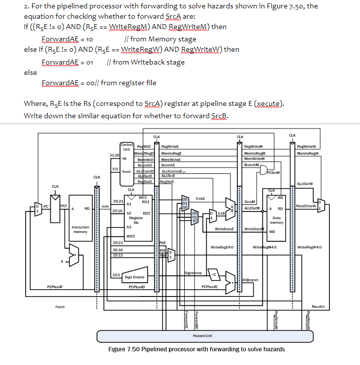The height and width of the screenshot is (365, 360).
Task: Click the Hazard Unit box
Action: tap(202, 335)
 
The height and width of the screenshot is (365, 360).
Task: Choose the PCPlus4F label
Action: tap(55, 286)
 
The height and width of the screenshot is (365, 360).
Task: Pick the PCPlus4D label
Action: tap(136, 286)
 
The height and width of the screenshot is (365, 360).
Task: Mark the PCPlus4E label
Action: tap(210, 286)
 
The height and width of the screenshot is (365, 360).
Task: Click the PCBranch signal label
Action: tap(252, 280)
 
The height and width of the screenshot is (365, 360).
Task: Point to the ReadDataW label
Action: tap(306, 206)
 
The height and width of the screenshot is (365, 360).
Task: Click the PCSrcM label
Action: tap(273, 172)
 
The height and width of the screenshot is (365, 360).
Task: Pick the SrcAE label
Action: tap(200, 198)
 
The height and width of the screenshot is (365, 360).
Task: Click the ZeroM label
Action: tap(250, 201)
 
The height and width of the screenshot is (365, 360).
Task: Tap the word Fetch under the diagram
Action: tap(60, 307)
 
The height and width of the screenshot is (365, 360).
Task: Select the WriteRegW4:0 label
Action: tap(310, 247)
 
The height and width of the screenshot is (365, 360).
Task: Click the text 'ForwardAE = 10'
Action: tap(67, 38)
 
